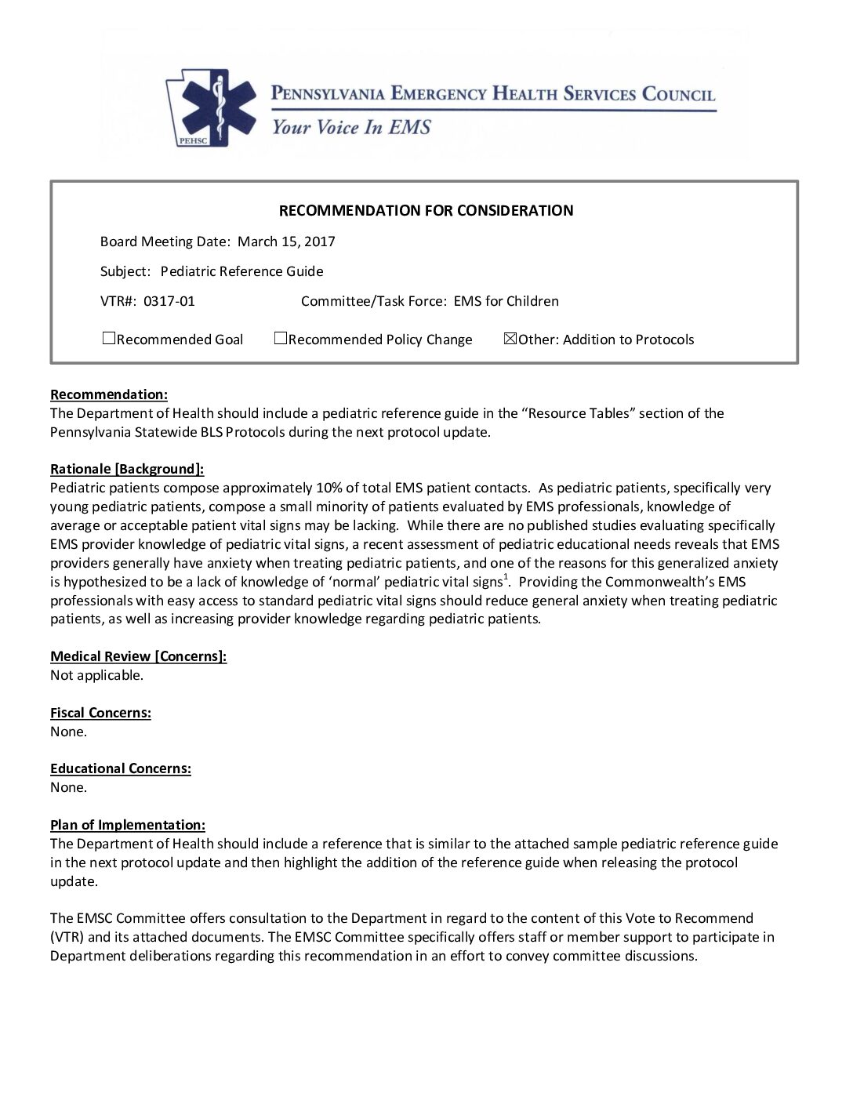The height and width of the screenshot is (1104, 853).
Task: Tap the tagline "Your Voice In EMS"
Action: click(x=350, y=127)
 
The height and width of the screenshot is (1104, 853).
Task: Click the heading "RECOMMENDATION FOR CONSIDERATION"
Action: click(x=426, y=210)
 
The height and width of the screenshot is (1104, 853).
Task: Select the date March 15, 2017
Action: click(x=286, y=241)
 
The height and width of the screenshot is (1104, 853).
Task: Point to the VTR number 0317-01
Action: click(x=169, y=301)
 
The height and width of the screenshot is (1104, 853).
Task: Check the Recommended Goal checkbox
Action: click(x=109, y=339)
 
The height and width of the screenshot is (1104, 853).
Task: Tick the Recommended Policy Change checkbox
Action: click(x=280, y=339)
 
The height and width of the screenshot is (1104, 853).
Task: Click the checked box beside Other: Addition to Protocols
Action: click(x=510, y=339)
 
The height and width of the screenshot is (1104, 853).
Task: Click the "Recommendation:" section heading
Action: click(x=109, y=394)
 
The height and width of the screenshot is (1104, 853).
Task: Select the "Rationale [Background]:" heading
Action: click(x=127, y=469)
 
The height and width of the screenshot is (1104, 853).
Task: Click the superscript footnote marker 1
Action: click(x=506, y=578)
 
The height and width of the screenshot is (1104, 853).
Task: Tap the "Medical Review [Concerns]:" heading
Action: click(x=139, y=656)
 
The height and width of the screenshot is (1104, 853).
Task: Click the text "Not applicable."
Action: click(x=97, y=675)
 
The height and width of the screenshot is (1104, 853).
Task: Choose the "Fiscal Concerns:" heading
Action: click(x=100, y=713)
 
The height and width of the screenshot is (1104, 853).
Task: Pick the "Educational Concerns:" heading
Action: click(x=121, y=768)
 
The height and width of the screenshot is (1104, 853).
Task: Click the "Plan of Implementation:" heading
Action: click(x=128, y=825)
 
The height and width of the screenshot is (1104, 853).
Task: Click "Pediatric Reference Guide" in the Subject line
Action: click(x=241, y=271)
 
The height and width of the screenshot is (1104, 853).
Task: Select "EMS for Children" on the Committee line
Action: click(x=506, y=301)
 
